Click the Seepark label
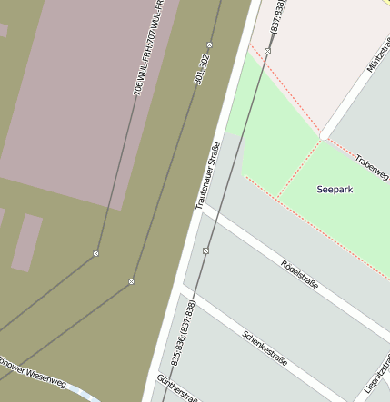[335, 190]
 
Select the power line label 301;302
[202, 69]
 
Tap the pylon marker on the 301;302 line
[210, 44]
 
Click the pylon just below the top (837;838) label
[267, 51]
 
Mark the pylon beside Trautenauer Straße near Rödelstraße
[206, 250]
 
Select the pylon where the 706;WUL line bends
[95, 253]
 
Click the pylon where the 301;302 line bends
[132, 281]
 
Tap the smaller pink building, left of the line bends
[27, 242]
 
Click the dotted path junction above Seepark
[320, 139]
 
